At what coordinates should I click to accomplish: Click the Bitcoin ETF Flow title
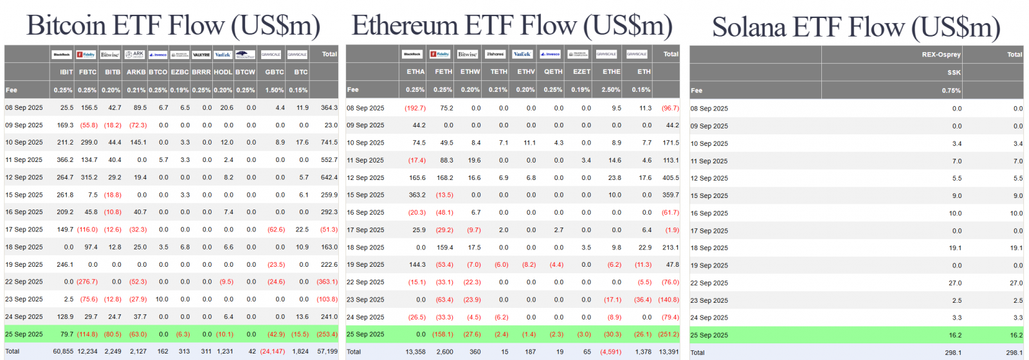(x=173, y=26)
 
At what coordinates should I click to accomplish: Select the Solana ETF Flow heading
(x=856, y=28)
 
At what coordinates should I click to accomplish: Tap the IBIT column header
(x=66, y=72)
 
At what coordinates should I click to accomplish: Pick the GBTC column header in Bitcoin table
(x=275, y=72)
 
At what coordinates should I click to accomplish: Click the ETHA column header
(x=415, y=72)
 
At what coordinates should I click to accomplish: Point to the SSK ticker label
(x=954, y=73)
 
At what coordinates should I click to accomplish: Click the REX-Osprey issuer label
(x=941, y=55)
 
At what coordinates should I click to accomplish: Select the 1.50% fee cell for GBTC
(x=275, y=90)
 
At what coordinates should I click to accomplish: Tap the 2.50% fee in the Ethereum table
(x=611, y=90)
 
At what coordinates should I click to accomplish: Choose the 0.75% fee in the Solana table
(x=951, y=91)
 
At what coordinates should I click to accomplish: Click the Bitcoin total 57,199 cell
(x=327, y=352)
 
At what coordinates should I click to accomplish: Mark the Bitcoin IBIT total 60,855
(x=63, y=352)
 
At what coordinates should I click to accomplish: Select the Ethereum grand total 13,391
(x=669, y=352)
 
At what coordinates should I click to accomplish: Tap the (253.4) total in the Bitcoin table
(x=327, y=334)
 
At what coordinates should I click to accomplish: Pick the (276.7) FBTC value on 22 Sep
(x=87, y=282)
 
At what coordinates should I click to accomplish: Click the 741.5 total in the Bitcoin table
(x=329, y=143)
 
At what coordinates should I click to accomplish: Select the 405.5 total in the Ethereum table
(x=670, y=178)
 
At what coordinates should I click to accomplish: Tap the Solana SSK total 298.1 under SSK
(x=953, y=352)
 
